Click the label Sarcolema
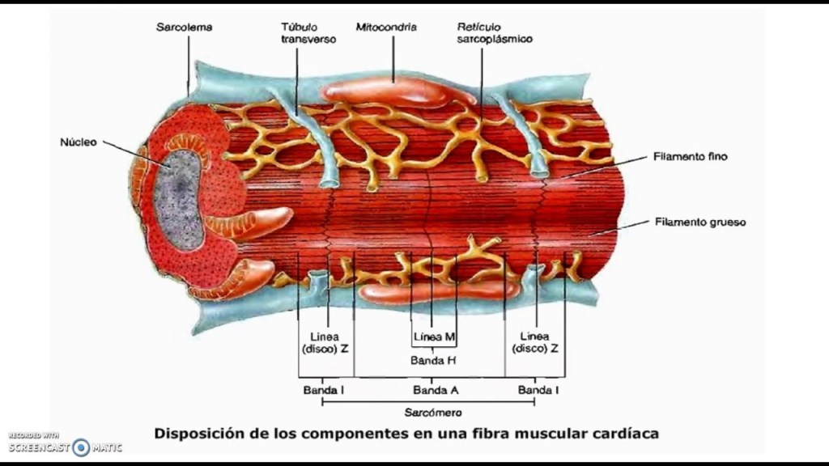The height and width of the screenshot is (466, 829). click(x=184, y=27)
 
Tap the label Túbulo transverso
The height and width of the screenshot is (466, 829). click(x=308, y=32)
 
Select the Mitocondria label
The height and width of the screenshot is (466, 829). click(x=386, y=27)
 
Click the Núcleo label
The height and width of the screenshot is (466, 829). click(x=79, y=142)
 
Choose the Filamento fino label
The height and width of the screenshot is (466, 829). click(x=690, y=156)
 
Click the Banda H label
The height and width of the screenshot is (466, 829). click(x=434, y=361)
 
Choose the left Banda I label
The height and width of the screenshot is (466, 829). click(x=324, y=389)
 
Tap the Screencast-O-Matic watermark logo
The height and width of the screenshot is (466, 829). click(x=80, y=447)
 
